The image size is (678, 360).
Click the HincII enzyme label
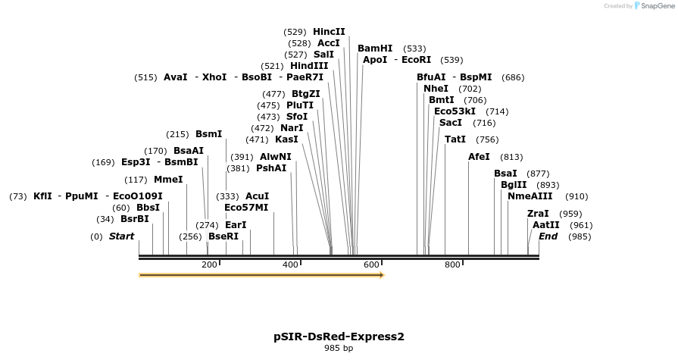329,32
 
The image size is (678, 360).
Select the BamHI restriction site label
375,48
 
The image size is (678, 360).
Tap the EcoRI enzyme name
416,60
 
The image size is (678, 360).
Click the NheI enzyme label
436,89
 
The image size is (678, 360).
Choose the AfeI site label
479,157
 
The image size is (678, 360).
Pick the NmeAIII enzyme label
530,196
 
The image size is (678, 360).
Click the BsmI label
209,134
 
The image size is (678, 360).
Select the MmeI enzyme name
168,180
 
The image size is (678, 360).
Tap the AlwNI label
275,157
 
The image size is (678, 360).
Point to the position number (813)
511,157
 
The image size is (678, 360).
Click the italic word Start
121,236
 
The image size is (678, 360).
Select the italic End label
548,236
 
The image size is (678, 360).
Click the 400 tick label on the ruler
290,265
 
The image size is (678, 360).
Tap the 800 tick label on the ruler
452,265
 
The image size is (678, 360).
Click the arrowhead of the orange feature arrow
381,275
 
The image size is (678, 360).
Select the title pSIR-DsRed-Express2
339,336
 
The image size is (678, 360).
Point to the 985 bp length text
339,349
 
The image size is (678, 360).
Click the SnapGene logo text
655,6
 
